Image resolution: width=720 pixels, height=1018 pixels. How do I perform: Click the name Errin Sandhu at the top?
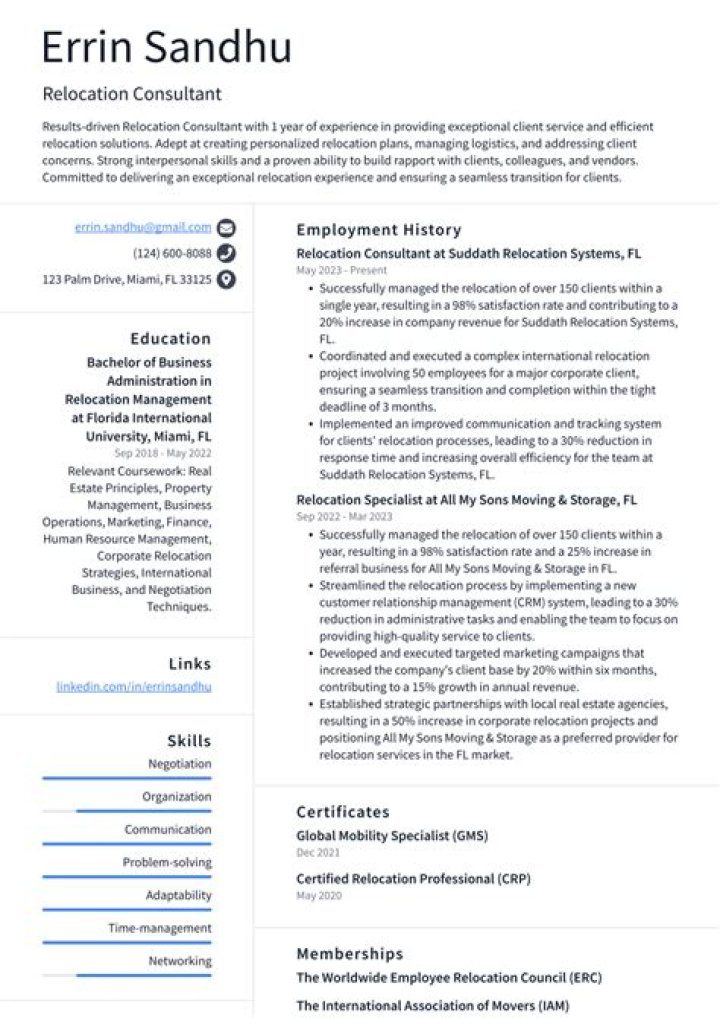pyautogui.click(x=167, y=48)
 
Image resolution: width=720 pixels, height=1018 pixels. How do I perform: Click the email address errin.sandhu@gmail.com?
pyautogui.click(x=143, y=227)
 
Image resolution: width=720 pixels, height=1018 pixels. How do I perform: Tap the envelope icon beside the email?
pyautogui.click(x=227, y=227)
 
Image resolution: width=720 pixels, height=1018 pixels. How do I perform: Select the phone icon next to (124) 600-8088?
pyautogui.click(x=227, y=253)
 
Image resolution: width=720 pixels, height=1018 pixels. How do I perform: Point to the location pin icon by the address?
pyautogui.click(x=227, y=280)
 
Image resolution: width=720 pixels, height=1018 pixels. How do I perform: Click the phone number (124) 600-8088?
pyautogui.click(x=172, y=253)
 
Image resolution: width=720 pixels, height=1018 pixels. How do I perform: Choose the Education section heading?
pyautogui.click(x=170, y=339)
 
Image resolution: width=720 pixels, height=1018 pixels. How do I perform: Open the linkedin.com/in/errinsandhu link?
pyautogui.click(x=134, y=687)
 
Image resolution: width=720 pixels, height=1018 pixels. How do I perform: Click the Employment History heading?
pyautogui.click(x=378, y=230)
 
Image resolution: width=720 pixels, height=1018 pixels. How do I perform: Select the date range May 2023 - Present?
pyautogui.click(x=341, y=270)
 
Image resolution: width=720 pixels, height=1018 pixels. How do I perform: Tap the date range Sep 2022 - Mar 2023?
pyautogui.click(x=344, y=517)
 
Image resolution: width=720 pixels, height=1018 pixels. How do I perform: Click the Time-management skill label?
pyautogui.click(x=160, y=929)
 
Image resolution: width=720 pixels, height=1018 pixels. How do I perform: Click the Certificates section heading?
pyautogui.click(x=343, y=812)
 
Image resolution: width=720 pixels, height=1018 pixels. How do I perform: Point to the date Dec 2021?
pyautogui.click(x=318, y=853)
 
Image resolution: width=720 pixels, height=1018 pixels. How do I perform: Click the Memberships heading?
pyautogui.click(x=349, y=954)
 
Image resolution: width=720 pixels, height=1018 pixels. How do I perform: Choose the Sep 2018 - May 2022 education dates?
pyautogui.click(x=164, y=453)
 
